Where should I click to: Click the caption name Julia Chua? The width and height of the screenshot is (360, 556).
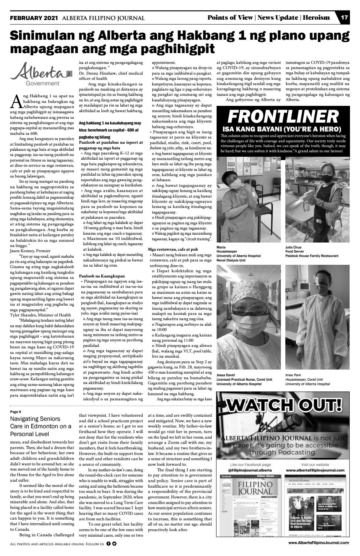[x=293, y=247]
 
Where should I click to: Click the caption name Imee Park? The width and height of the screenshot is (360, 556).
[x=293, y=375]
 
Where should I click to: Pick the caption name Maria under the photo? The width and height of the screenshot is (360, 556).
[x=221, y=247]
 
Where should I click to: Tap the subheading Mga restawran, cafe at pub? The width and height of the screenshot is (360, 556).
[x=173, y=249]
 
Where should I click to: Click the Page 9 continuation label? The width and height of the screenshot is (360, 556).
[x=16, y=412]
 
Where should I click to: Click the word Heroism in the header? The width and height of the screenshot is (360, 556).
[x=316, y=17]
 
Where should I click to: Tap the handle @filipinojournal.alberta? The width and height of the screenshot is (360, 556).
[x=250, y=470]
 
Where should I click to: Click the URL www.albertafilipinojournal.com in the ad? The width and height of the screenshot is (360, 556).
[x=315, y=470]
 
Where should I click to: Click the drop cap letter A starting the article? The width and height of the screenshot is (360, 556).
[x=16, y=101]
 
